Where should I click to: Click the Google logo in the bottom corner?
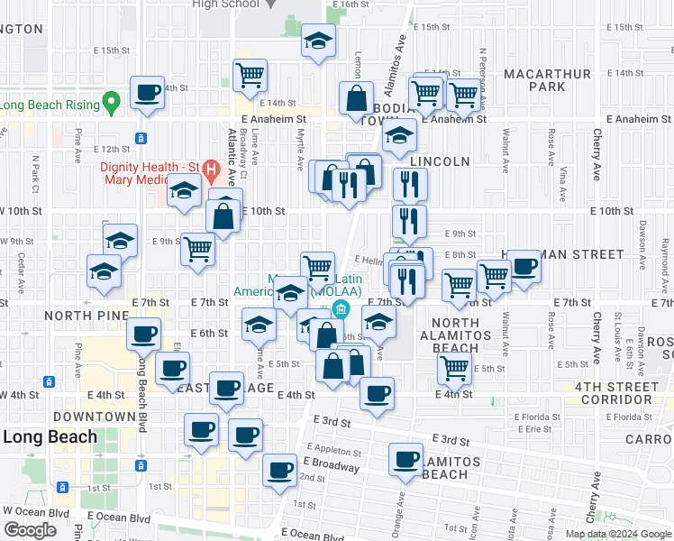(30, 530)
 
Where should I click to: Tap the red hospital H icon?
(211, 169)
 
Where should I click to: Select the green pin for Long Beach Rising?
(112, 103)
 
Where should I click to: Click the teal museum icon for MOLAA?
(341, 311)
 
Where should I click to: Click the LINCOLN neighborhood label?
(440, 161)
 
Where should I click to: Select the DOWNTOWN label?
(94, 417)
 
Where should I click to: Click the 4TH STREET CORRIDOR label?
(624, 394)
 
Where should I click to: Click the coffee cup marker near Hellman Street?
(524, 266)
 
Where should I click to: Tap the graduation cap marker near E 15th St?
(317, 41)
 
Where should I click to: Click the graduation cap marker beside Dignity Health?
(184, 192)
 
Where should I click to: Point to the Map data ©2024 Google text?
(618, 534)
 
